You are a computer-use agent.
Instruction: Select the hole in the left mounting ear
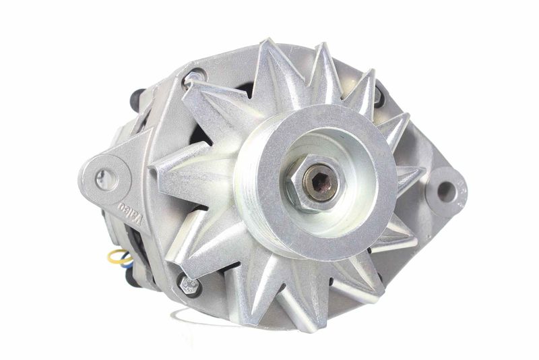106,179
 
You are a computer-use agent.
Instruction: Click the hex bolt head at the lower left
190,284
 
